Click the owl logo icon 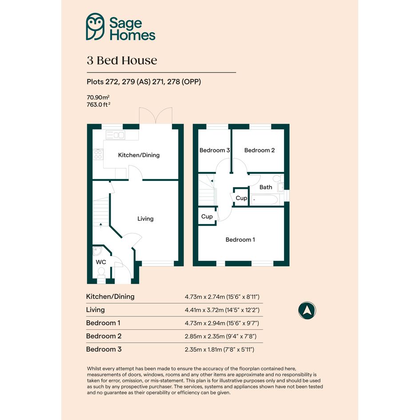tap(95, 27)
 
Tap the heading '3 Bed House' tap(122, 60)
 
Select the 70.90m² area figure tap(98, 97)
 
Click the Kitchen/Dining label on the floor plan tap(139, 155)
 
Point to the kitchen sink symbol tap(115, 135)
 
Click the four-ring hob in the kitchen tap(98, 155)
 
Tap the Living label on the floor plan tap(145, 219)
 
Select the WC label tap(101, 262)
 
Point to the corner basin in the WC tap(97, 251)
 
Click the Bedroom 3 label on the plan tap(215, 150)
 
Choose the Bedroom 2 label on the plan tap(260, 150)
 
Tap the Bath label tap(266, 187)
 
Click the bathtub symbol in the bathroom tap(264, 200)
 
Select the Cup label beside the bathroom tap(241, 198)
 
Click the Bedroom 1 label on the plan tap(240, 240)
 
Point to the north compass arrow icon tap(307, 311)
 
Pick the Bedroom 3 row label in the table tap(104, 349)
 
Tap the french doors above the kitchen tap(156, 116)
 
